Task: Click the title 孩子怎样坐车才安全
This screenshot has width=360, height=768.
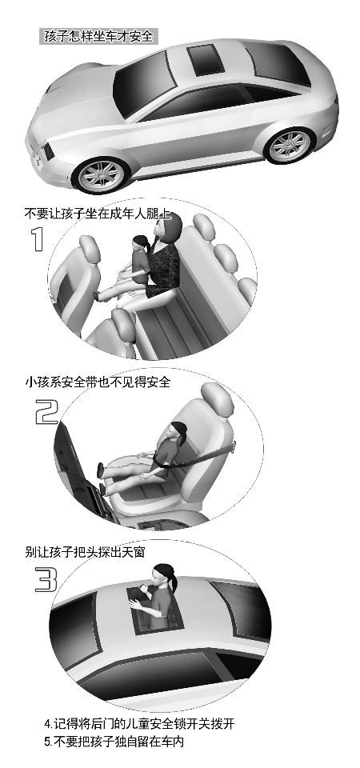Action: pos(98,37)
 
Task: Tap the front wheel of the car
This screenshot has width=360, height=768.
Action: pos(101,175)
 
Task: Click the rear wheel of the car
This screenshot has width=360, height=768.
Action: pos(290,145)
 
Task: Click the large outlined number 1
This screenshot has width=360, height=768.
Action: pos(38,239)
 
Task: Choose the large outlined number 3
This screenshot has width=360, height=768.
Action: pos(46,581)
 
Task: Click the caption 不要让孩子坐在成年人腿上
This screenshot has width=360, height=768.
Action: pos(97,214)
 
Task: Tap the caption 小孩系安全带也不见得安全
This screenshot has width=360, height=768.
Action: pos(98,382)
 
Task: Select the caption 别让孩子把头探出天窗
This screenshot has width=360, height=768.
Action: pos(85,552)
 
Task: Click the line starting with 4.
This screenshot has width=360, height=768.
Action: pos(139,723)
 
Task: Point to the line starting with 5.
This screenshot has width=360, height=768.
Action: pos(114,742)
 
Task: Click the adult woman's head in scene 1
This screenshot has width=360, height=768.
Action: pos(166,228)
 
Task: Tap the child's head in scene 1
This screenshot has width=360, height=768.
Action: pos(141,245)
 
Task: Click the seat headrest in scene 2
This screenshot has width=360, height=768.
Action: pos(218,399)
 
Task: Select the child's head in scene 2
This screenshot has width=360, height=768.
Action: pos(178,432)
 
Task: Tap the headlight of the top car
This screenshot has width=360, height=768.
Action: pos(49,151)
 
